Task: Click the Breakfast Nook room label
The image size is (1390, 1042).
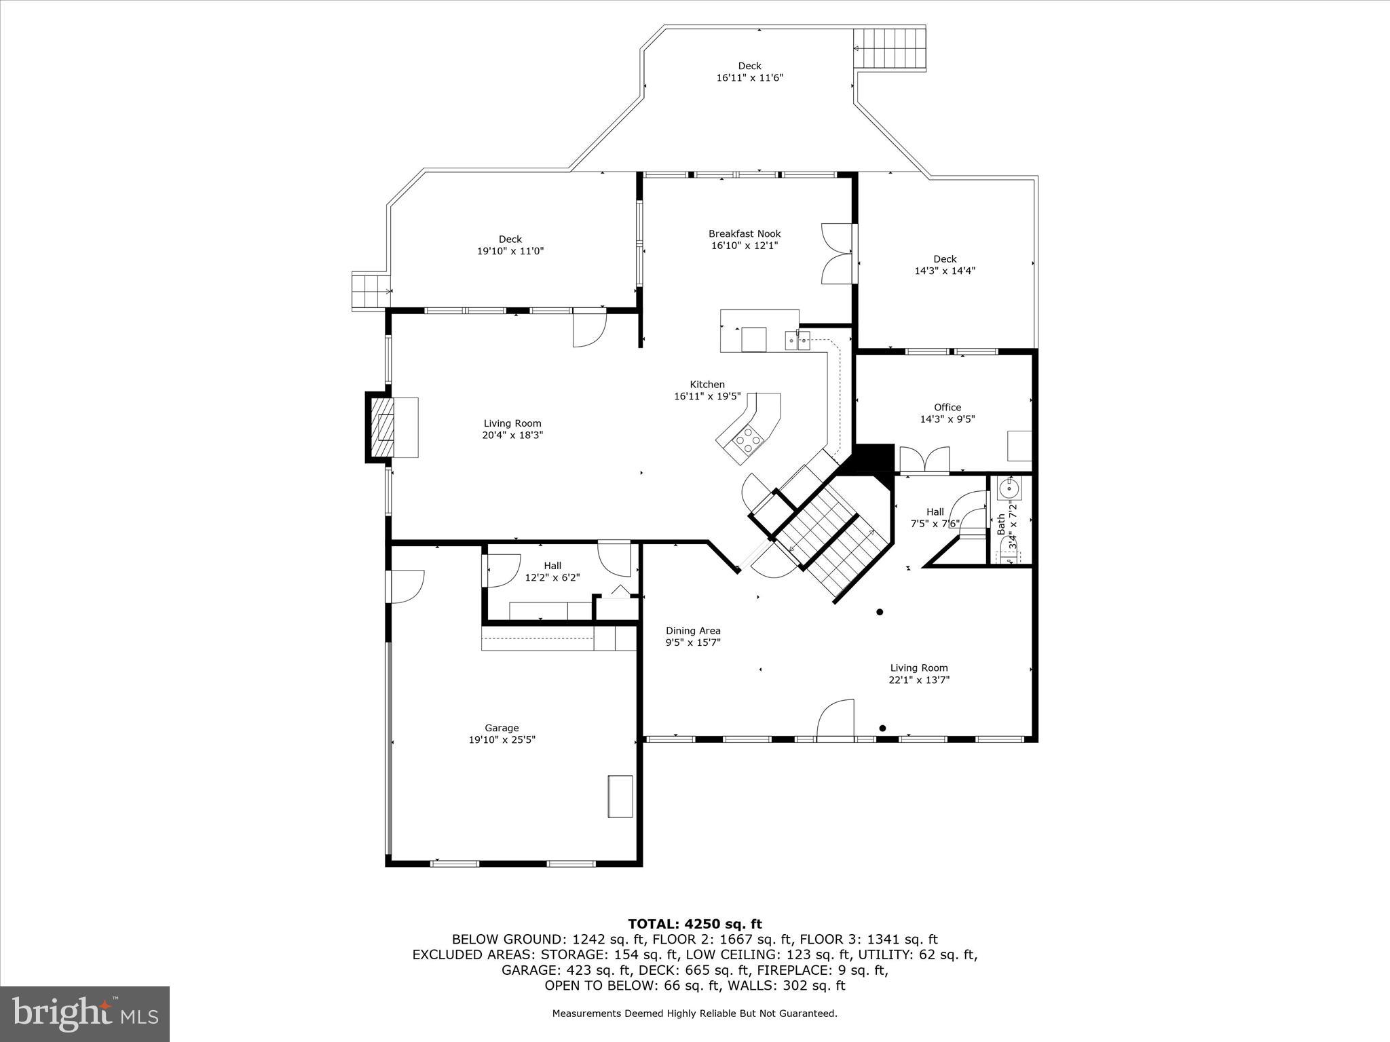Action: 745,233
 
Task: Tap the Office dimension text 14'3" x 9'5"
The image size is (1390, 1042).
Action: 947,419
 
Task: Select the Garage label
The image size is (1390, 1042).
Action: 502,728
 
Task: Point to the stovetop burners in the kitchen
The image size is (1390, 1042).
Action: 749,439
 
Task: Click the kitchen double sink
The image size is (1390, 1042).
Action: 797,341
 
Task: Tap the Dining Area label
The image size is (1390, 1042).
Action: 692,631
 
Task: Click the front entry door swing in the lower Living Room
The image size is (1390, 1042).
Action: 835,719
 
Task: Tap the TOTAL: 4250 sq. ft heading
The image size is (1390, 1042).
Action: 694,924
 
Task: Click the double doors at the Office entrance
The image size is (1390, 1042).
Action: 924,459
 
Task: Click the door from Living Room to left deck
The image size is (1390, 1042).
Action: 589,329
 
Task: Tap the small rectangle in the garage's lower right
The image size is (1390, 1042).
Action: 620,796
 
